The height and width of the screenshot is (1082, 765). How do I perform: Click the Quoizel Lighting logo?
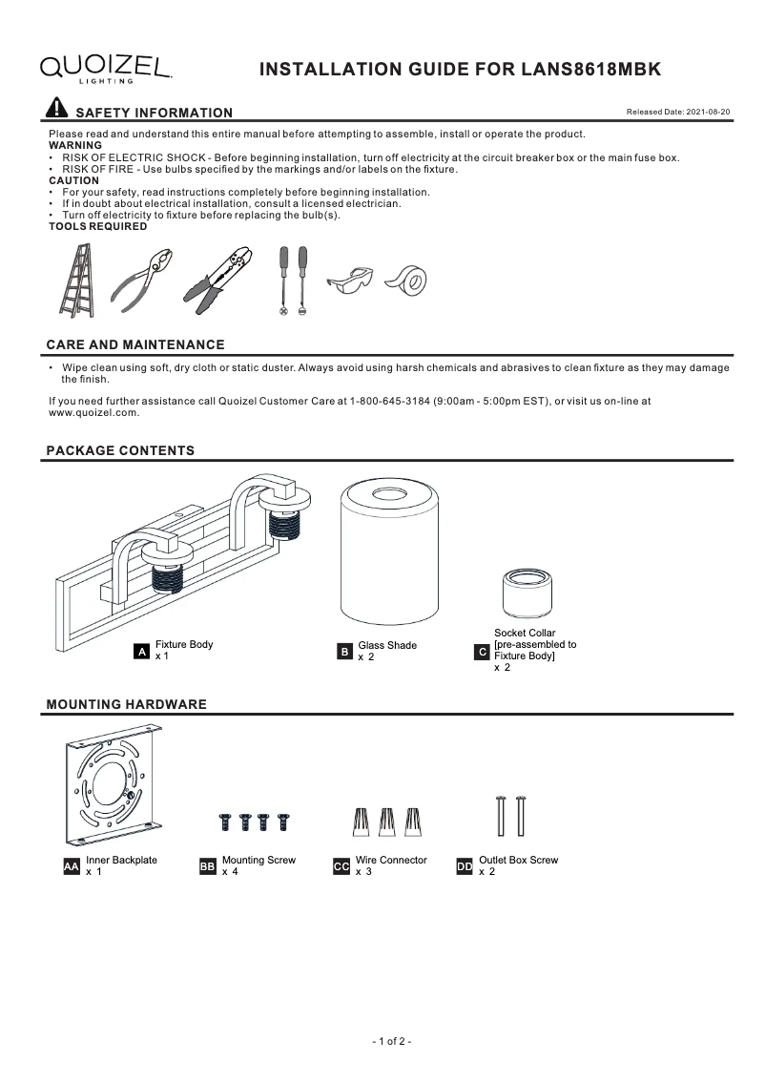(x=105, y=68)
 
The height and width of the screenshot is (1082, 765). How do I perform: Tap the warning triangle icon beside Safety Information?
(x=57, y=109)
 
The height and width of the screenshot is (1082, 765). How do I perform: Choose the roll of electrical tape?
(x=406, y=280)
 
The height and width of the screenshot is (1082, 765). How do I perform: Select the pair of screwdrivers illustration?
(x=292, y=280)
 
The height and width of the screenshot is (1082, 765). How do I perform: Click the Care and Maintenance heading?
(x=135, y=344)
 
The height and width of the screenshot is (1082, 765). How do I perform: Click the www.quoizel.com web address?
(x=94, y=413)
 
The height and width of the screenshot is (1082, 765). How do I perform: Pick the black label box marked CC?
(x=341, y=866)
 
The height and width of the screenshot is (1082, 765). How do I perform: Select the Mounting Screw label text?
(x=258, y=860)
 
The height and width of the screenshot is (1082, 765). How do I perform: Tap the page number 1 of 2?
(x=391, y=1041)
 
